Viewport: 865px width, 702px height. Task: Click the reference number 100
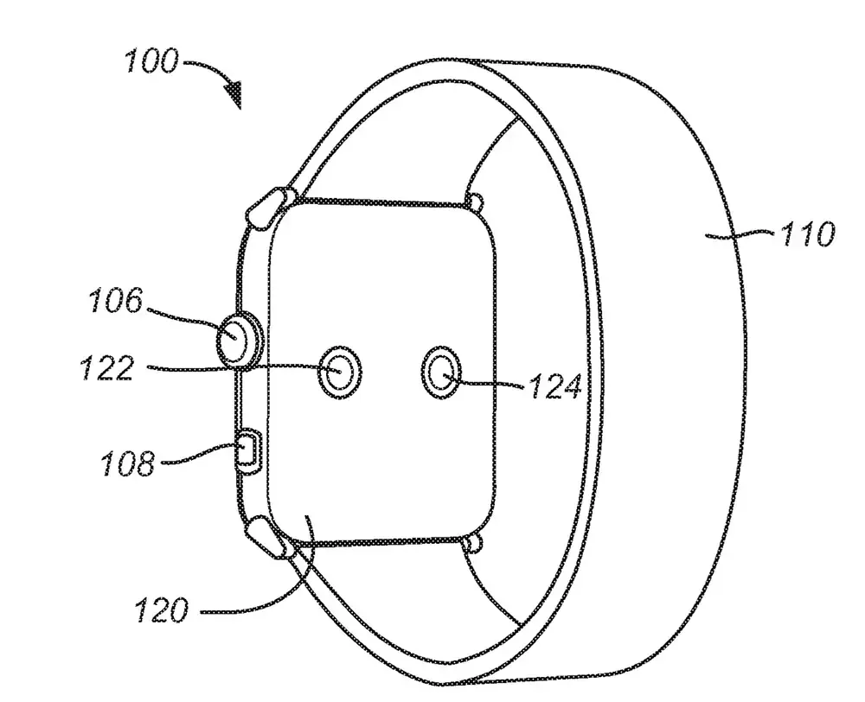pyautogui.click(x=151, y=62)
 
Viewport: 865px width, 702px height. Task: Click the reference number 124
pyautogui.click(x=554, y=386)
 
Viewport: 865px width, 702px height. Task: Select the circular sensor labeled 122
pyautogui.click(x=340, y=372)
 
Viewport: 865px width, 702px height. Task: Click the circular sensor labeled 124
pyautogui.click(x=442, y=373)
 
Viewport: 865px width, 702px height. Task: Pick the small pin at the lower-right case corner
pyautogui.click(x=471, y=542)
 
